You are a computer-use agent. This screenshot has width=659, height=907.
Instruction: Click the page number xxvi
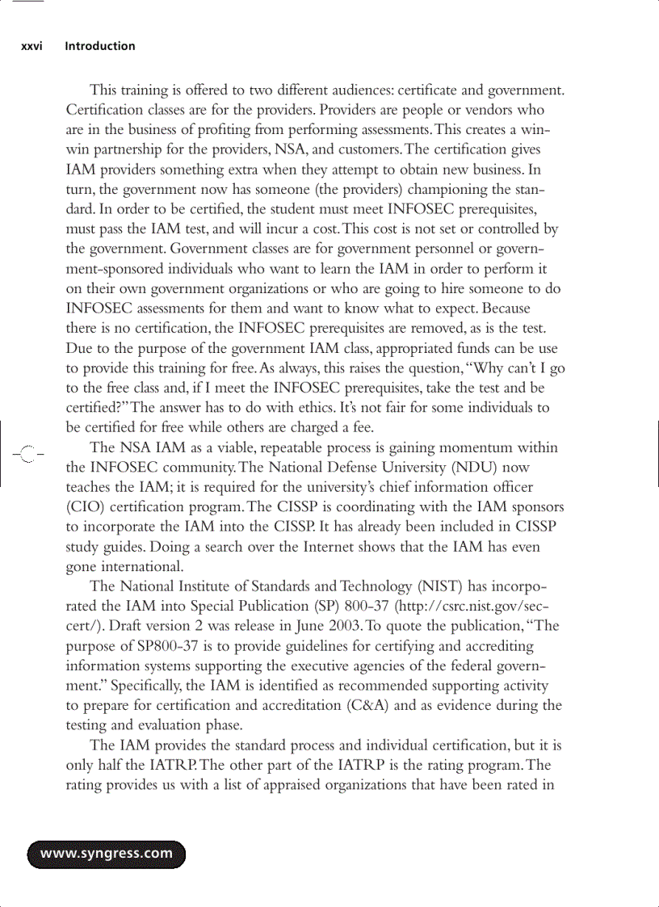tap(31, 47)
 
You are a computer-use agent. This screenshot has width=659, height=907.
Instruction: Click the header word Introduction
tap(100, 47)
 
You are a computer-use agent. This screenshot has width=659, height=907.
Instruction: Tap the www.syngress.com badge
tap(107, 854)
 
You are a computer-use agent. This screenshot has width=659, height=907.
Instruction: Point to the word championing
tap(460, 189)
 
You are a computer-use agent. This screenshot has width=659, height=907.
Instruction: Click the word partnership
tap(127, 149)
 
